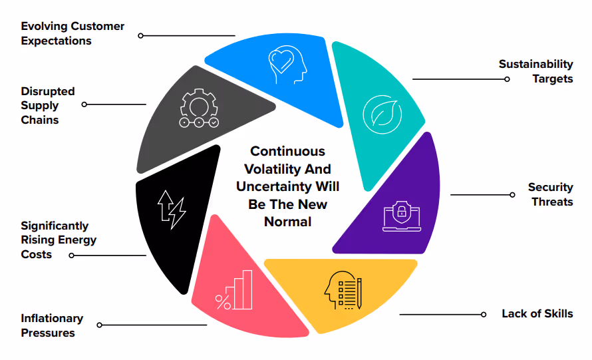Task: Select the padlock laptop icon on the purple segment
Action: click(402, 215)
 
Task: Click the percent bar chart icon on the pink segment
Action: click(234, 290)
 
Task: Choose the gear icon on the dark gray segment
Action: click(198, 109)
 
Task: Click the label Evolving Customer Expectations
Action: click(73, 33)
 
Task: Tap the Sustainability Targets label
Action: click(535, 71)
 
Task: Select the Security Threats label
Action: click(550, 194)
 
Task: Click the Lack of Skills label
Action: click(537, 313)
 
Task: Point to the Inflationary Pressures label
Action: click(52, 325)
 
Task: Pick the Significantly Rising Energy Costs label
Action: click(59, 240)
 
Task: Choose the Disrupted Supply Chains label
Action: click(48, 105)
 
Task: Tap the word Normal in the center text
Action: click(287, 222)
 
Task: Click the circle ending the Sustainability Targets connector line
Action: click(507, 79)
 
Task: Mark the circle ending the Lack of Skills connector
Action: click(484, 314)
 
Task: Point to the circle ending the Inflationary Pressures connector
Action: click(100, 325)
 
